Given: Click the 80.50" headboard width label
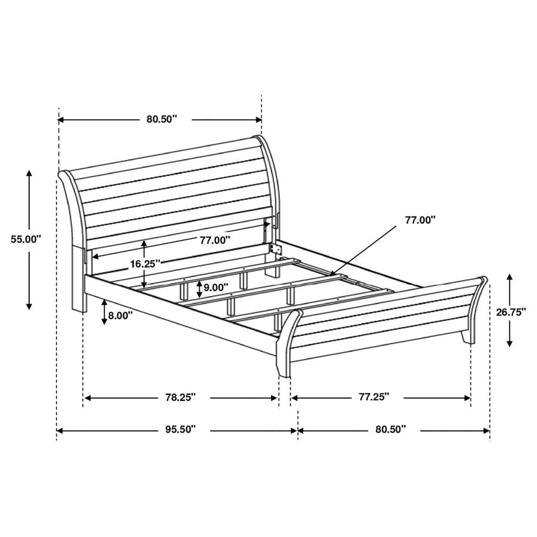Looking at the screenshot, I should pos(162,119).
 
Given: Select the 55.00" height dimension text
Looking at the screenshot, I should pos(26,239).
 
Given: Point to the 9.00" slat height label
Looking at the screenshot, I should pos(215,287).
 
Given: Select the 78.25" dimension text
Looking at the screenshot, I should pos(180,397).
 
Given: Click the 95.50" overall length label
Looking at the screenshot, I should pos(180,429).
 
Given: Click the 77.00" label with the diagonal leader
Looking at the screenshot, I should pos(420,220).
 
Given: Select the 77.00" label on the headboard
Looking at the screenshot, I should pos(215,240).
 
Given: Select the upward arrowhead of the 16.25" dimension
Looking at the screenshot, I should pos(144,243).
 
